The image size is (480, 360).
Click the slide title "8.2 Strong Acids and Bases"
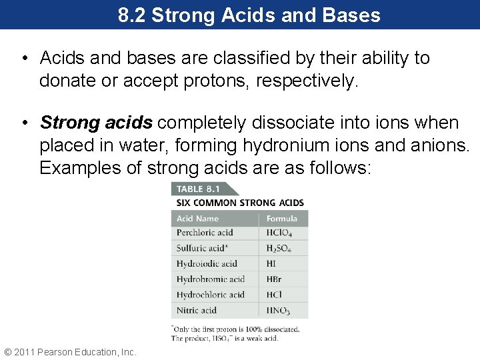[249, 15]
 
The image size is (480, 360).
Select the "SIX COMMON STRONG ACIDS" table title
[240, 203]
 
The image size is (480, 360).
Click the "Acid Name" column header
[198, 219]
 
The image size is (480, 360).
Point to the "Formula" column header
[282, 219]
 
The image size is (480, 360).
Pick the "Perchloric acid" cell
[205, 233]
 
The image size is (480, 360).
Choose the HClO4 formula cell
[279, 233]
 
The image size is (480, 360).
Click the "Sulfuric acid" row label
[202, 248]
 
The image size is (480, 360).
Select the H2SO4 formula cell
[279, 249]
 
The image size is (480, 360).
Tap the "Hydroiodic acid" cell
[207, 263]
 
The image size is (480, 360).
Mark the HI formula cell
[271, 263]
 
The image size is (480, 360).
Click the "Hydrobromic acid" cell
[210, 279]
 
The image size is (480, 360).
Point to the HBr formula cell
[274, 279]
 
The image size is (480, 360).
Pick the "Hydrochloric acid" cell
[211, 295]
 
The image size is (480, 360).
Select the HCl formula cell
[274, 295]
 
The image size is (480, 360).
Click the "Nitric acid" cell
[197, 310]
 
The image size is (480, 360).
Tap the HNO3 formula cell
[279, 311]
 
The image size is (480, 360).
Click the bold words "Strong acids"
[97, 123]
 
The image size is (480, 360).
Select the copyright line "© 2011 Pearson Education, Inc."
[70, 351]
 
